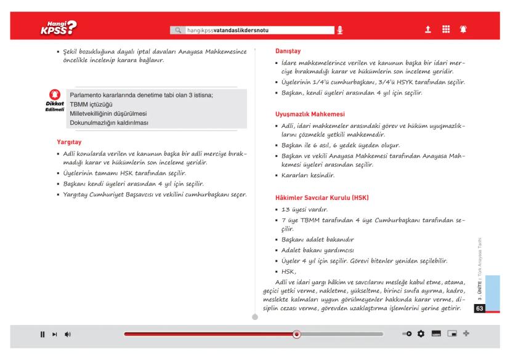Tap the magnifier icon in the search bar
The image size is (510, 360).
(179, 30)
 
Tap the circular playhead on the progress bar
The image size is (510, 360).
(296, 334)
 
